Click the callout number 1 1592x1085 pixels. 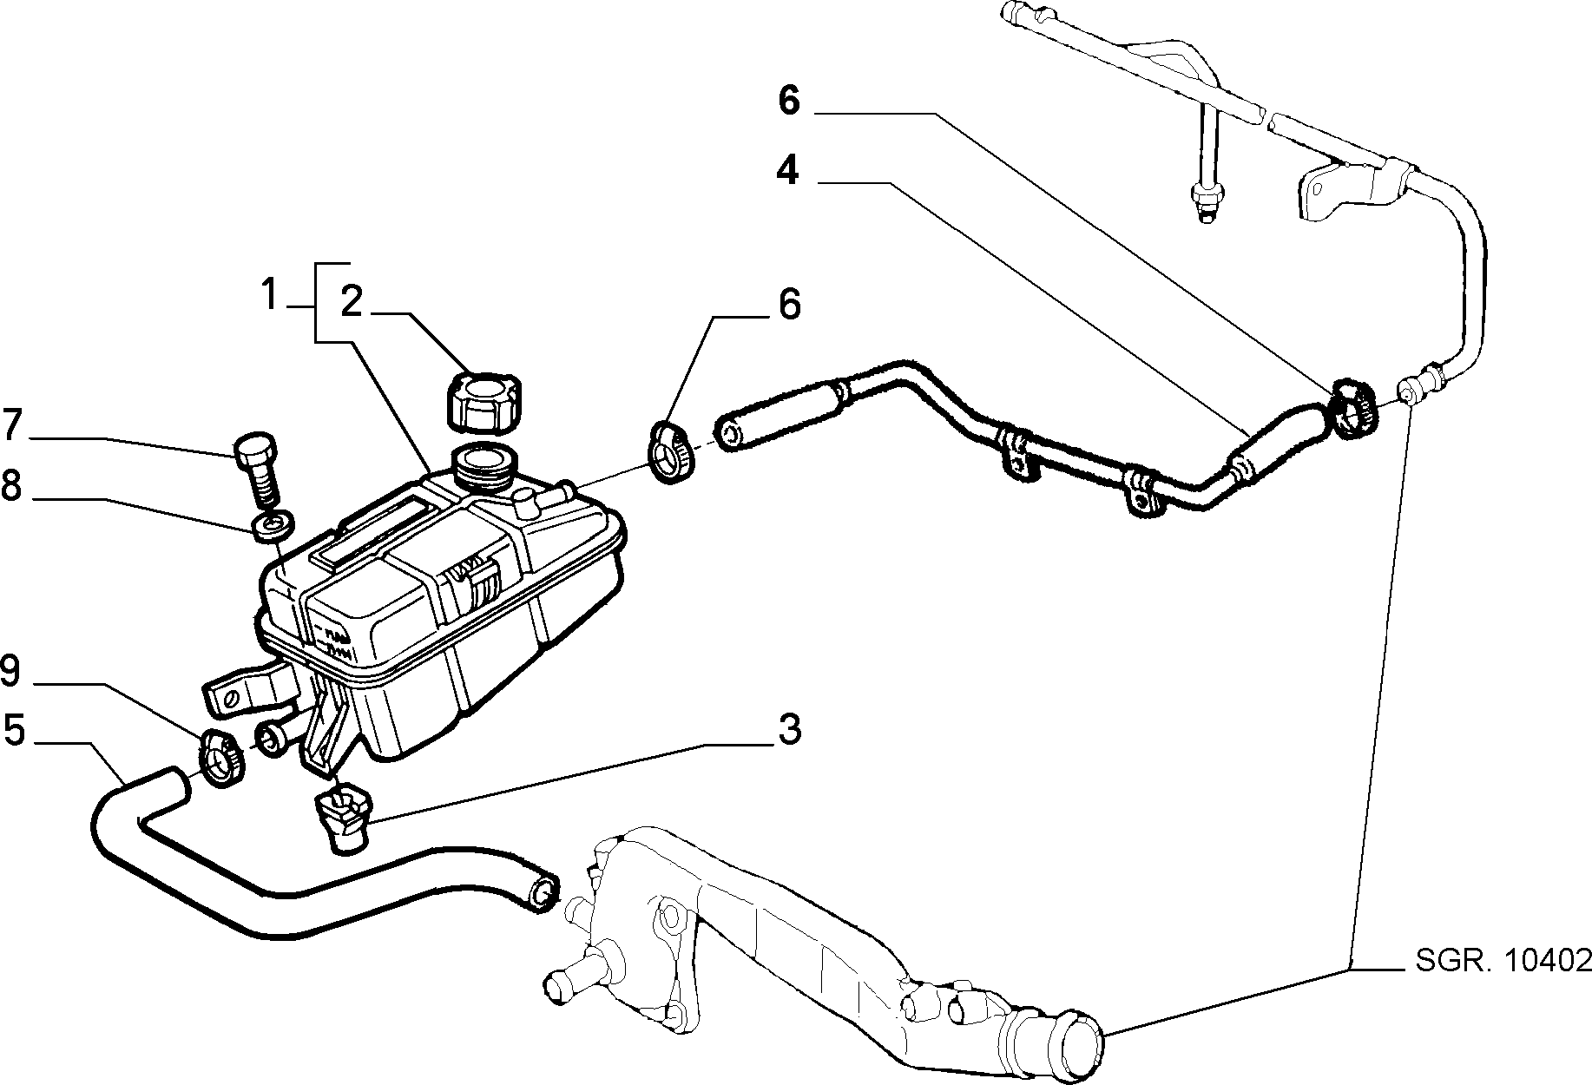(270, 295)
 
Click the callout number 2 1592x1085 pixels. (351, 301)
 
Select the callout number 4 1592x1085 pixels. (787, 171)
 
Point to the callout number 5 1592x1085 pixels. (15, 729)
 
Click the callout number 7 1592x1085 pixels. (12, 424)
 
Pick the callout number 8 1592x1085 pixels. (11, 486)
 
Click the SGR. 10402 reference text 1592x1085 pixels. (1503, 959)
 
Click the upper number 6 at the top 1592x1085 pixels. (788, 100)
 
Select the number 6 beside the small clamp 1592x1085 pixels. (788, 305)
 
